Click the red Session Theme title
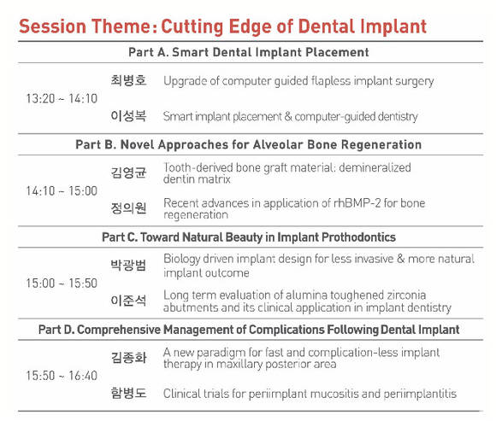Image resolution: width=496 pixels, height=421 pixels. [222, 26]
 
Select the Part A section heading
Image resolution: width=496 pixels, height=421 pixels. [249, 52]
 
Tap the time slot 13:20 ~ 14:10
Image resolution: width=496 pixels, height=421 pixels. [62, 98]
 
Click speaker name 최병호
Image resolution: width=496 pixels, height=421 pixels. [128, 80]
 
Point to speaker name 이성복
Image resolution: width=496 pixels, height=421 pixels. [128, 116]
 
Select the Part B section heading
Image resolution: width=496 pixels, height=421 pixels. [248, 144]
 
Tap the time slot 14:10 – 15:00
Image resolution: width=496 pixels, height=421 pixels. [62, 191]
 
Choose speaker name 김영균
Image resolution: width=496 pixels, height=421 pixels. [128, 172]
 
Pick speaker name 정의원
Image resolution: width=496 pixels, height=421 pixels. [128, 208]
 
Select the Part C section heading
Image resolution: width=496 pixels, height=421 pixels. [249, 237]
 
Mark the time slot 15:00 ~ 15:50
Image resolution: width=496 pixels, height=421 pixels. [62, 284]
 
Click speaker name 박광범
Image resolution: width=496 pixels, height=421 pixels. [128, 265]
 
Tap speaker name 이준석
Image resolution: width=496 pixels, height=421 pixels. [128, 301]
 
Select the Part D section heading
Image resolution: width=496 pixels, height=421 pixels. [249, 330]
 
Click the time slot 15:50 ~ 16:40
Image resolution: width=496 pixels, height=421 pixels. [62, 376]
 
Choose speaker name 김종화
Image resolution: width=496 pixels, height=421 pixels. [128, 358]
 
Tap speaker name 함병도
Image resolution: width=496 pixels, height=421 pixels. [128, 393]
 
